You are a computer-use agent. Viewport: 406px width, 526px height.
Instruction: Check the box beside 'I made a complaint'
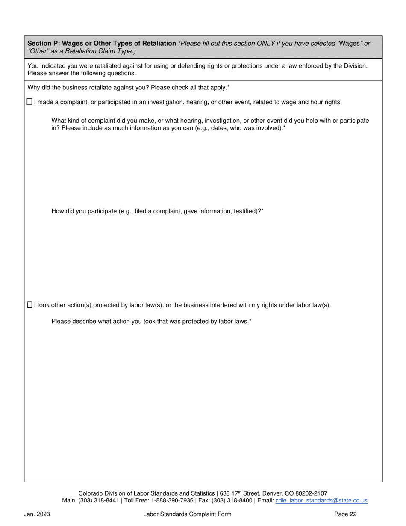(x=29, y=102)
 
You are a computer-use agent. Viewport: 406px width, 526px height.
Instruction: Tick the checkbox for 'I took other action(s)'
(x=29, y=305)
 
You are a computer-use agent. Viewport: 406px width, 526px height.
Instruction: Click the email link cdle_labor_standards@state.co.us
(x=321, y=500)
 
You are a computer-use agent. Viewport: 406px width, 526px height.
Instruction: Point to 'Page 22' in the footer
(x=345, y=514)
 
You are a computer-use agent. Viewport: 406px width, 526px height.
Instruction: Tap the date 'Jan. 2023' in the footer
(x=37, y=514)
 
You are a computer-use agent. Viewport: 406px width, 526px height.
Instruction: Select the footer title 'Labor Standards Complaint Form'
(x=187, y=514)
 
